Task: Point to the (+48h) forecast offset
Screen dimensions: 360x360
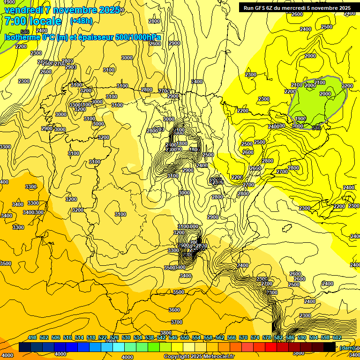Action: click(81, 21)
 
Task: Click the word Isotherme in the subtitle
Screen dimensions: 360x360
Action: click(22, 37)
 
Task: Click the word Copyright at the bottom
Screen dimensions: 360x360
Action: click(177, 357)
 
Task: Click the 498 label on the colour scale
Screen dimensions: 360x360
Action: click(32, 337)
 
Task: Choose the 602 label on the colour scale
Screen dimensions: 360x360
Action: click(337, 337)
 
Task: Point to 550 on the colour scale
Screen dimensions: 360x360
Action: click(185, 337)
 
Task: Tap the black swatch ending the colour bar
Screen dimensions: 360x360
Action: click(330, 347)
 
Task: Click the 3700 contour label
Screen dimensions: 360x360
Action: click(177, 322)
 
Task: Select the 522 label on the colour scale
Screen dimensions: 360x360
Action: click(103, 337)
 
